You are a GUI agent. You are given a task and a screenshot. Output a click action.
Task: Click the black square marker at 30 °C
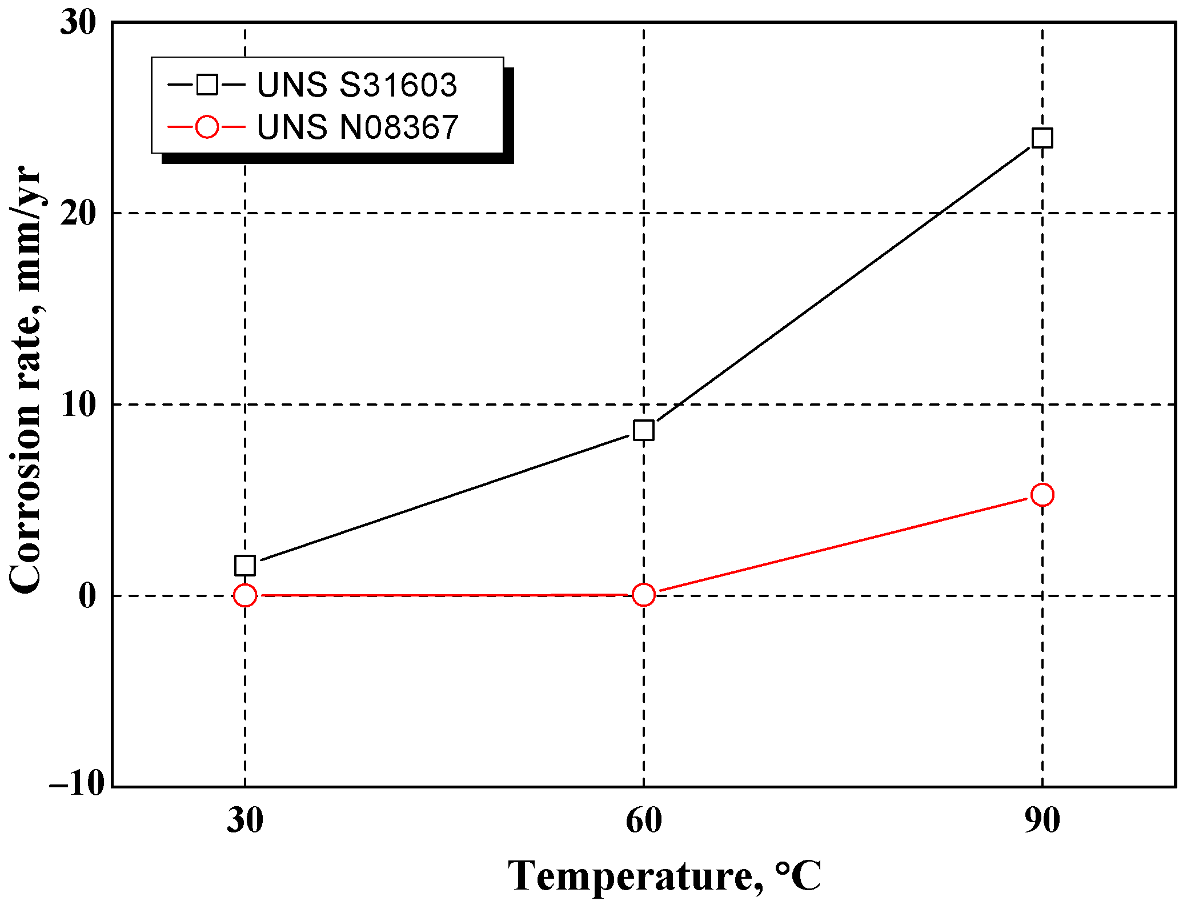coord(245,566)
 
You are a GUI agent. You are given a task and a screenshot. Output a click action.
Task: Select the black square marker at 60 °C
coord(644,430)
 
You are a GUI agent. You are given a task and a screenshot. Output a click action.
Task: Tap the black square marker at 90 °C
coord(1042,138)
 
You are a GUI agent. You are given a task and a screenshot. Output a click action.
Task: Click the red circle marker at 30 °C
coord(245,595)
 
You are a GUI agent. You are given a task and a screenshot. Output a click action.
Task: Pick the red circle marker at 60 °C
coord(644,595)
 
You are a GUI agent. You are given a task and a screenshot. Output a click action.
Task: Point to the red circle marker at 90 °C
coord(1042,495)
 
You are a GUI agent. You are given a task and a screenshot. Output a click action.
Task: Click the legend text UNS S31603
coord(357,85)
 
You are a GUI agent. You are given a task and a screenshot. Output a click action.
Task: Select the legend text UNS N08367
coord(358,127)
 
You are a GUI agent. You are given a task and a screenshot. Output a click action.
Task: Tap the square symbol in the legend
coord(207,85)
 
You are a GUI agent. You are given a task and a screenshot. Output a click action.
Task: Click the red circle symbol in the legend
coord(207,126)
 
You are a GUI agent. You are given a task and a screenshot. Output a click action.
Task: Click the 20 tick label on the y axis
coord(79,214)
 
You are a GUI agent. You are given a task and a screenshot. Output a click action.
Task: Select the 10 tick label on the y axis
coord(79,405)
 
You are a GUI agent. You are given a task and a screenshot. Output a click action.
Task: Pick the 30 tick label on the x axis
coord(245,820)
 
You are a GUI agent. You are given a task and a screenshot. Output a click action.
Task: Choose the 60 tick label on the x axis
coord(644,820)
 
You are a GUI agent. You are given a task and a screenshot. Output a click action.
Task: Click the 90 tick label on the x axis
coord(1042,820)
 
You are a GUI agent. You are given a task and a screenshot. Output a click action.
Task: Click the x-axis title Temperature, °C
coord(664,876)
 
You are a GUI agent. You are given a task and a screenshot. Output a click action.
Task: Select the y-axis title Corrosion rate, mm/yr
coord(26,380)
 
